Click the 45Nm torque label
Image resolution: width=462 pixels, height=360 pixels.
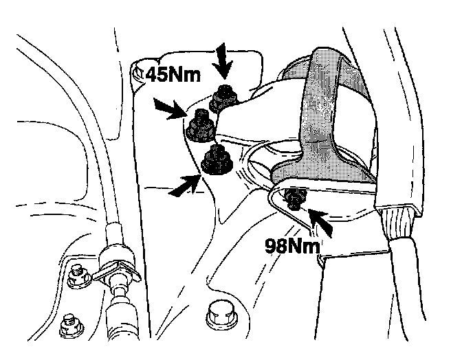coord(168,73)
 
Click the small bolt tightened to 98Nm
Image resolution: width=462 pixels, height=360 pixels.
coord(295,199)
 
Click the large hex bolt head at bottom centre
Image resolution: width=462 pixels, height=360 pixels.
coord(221,315)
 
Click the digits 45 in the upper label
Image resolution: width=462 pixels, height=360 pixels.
coord(148,73)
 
